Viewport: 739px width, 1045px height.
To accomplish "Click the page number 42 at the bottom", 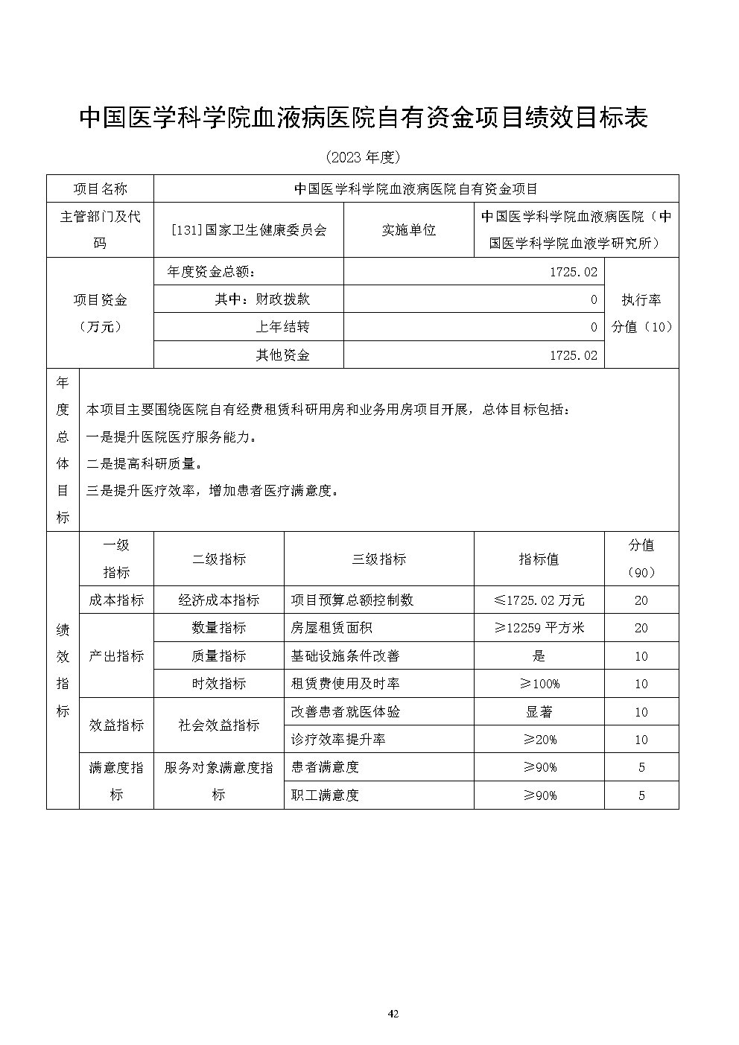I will [x=394, y=1014].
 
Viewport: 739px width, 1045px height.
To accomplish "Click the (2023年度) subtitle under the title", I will [x=364, y=157].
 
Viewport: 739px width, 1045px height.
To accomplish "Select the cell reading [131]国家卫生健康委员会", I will [x=248, y=230].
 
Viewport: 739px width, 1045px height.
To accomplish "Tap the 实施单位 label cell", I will [x=408, y=230].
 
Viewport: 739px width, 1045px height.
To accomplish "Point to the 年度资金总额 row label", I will [x=212, y=272].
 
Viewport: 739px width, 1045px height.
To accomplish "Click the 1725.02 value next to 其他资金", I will [x=573, y=355].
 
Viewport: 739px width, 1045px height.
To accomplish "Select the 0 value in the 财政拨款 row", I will [x=594, y=299].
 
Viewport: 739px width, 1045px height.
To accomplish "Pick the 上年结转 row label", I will [x=282, y=327].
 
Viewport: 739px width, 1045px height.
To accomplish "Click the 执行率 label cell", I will [x=641, y=299].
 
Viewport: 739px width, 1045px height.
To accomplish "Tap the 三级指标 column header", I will [x=378, y=559].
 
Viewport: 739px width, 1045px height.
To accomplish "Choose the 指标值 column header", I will [x=539, y=559].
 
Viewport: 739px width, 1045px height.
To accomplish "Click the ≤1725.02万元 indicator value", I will [x=539, y=600].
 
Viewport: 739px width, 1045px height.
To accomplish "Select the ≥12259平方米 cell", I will [x=539, y=628].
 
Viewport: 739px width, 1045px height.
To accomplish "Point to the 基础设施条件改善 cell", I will [x=345, y=656].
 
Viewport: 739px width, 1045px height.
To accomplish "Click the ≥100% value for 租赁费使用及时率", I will [x=539, y=684].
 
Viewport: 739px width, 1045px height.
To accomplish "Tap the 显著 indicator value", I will [x=539, y=712].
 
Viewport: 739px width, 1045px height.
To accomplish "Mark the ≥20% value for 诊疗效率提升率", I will [x=539, y=740].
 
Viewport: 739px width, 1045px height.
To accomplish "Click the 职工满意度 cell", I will [x=326, y=795].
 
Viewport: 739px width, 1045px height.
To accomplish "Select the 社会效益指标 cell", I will [x=218, y=725].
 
